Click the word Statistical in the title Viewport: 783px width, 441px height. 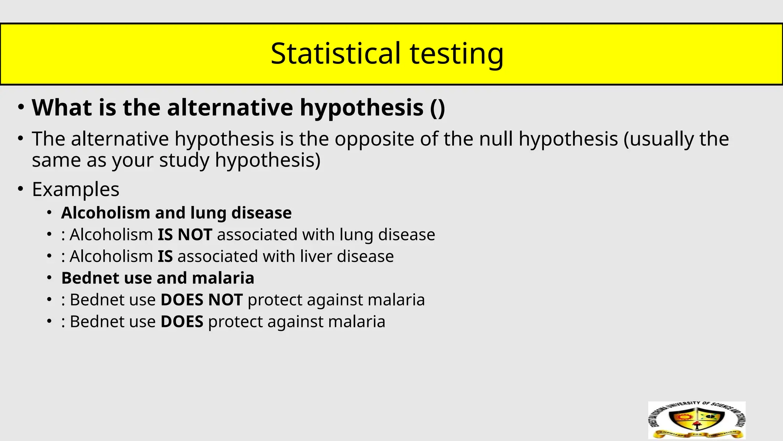[x=335, y=53]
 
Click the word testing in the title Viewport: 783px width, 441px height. [x=456, y=54]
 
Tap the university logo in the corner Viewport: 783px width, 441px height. [x=697, y=420]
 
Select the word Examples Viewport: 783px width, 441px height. [x=76, y=189]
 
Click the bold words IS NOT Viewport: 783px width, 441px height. [x=185, y=235]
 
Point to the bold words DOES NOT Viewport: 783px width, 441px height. [x=201, y=300]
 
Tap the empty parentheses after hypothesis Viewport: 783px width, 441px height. [x=437, y=108]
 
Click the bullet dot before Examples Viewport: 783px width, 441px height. [x=21, y=189]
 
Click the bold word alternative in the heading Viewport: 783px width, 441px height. [x=230, y=108]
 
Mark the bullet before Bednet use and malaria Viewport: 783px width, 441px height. [x=49, y=278]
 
